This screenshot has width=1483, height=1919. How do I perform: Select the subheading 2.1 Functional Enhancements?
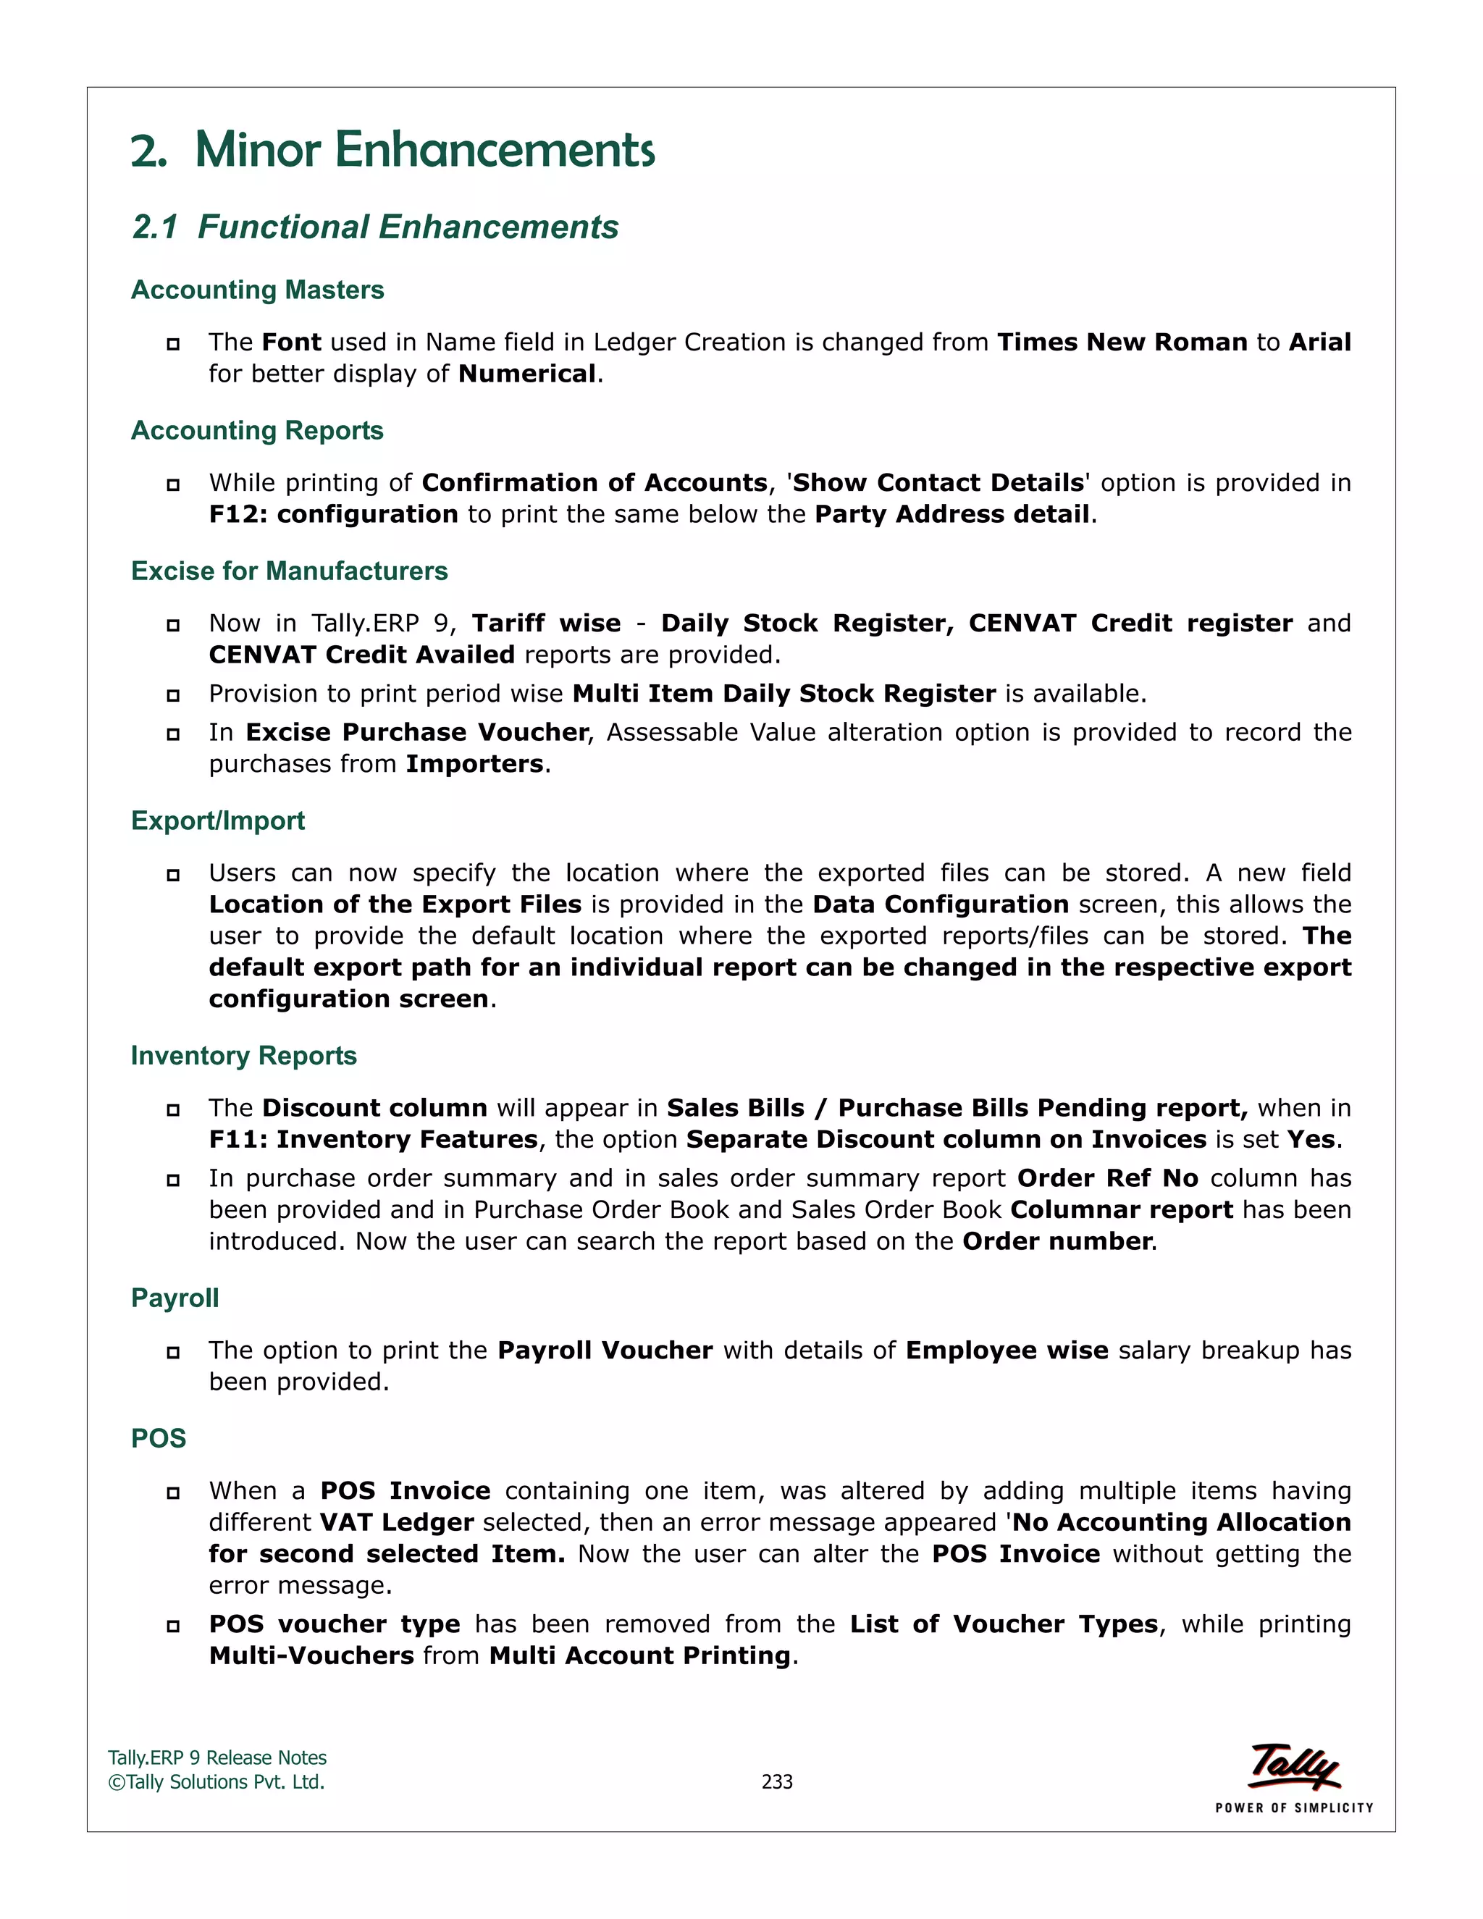[375, 227]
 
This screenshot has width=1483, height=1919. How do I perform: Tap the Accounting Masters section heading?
[257, 290]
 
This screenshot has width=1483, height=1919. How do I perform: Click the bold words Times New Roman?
[1122, 342]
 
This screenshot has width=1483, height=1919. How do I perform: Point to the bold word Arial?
[1319, 342]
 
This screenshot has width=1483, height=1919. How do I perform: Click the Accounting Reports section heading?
[257, 431]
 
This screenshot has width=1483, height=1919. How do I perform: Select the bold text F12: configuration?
[333, 514]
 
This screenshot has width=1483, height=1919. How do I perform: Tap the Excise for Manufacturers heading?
[289, 571]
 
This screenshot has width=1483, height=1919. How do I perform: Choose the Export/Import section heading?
[218, 820]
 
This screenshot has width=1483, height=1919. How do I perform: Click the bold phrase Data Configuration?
[940, 904]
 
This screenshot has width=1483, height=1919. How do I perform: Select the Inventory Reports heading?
[243, 1055]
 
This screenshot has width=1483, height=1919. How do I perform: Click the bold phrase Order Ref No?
[1107, 1178]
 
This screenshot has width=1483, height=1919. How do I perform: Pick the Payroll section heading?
[175, 1298]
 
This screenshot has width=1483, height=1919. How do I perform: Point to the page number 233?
[777, 1782]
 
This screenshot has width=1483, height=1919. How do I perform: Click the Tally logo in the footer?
[1293, 1768]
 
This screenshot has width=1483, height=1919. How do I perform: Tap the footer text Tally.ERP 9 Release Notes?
[217, 1758]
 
